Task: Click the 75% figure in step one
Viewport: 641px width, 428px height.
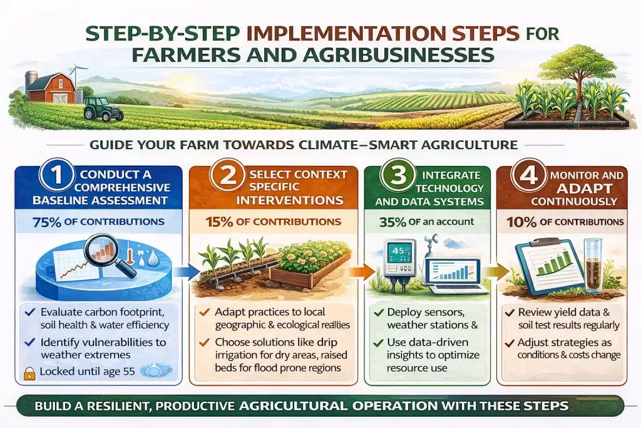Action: (58, 222)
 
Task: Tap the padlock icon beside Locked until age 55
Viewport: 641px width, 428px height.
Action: (28, 370)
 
